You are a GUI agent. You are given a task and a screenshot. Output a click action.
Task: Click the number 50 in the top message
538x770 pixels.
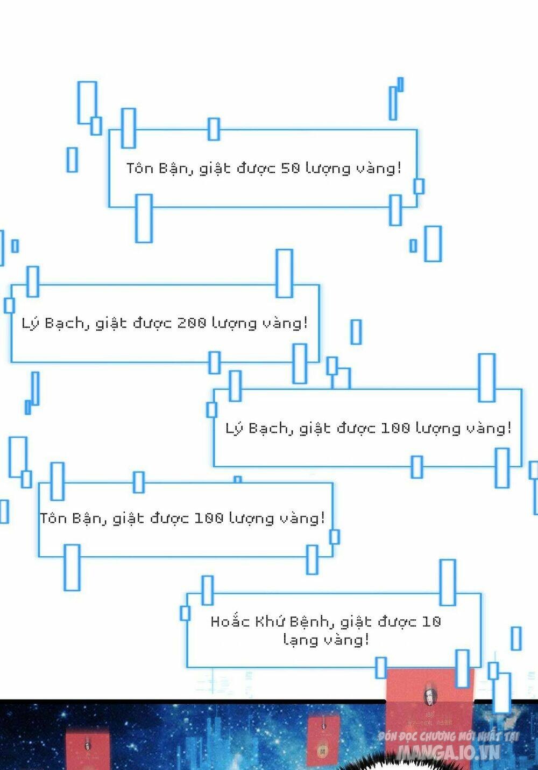click(x=291, y=168)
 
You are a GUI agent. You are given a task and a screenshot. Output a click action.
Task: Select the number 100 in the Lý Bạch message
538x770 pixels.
click(x=395, y=428)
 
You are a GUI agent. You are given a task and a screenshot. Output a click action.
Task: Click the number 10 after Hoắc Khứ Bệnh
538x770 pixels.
click(x=431, y=621)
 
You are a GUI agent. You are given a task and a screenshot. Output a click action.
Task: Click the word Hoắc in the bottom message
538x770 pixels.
click(x=230, y=621)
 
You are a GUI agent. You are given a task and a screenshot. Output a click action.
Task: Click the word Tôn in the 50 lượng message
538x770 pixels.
click(x=140, y=168)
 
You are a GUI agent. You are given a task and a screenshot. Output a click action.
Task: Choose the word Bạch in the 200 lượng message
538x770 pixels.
click(x=65, y=323)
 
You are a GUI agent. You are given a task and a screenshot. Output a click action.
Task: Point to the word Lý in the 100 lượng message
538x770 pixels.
click(x=235, y=429)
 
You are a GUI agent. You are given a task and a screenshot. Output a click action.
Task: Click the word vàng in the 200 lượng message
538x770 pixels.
click(x=285, y=323)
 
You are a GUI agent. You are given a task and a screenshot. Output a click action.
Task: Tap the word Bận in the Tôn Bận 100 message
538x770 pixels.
click(x=86, y=518)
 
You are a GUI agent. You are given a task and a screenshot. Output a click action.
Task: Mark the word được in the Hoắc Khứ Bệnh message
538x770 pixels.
click(x=397, y=621)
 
